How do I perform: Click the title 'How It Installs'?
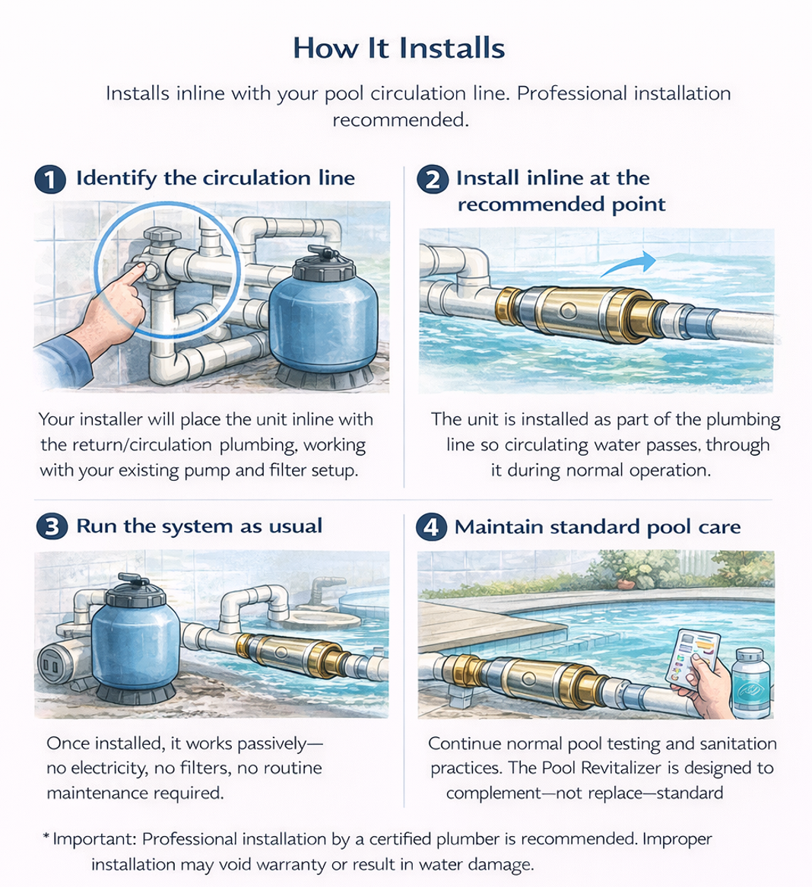[x=398, y=48]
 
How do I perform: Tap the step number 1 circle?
[x=50, y=180]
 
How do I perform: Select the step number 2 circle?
[x=433, y=180]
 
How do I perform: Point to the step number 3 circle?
[x=51, y=526]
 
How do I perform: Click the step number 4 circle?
[x=430, y=526]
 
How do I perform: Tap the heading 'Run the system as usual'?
[x=199, y=526]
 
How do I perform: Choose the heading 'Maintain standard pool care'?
[x=597, y=527]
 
